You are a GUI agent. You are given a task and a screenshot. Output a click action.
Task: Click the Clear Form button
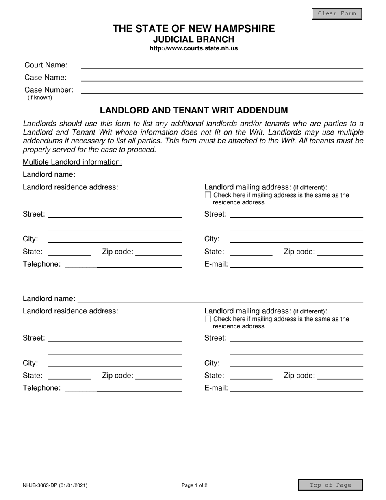click(336, 13)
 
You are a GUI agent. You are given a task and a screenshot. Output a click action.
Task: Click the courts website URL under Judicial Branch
click(194, 48)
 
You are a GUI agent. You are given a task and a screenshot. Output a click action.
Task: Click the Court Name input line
click(222, 65)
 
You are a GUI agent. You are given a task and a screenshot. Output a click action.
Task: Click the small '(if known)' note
click(40, 98)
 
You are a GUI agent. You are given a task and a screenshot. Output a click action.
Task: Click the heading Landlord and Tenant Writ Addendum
click(194, 110)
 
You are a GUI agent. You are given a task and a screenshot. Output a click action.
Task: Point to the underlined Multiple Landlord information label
click(72, 162)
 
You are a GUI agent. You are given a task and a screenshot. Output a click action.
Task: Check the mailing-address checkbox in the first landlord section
click(208, 195)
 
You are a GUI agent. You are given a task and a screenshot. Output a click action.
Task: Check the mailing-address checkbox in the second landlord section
click(208, 319)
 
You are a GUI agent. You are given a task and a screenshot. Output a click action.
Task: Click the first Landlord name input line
click(220, 175)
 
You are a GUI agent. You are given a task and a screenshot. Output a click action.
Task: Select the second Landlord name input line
click(220, 299)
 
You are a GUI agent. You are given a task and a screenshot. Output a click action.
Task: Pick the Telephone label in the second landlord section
click(41, 388)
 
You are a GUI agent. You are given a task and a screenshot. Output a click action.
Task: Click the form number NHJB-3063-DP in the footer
click(55, 485)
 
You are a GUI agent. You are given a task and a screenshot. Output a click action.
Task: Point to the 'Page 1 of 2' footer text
click(195, 485)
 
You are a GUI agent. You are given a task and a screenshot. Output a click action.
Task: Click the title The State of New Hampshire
click(194, 29)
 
